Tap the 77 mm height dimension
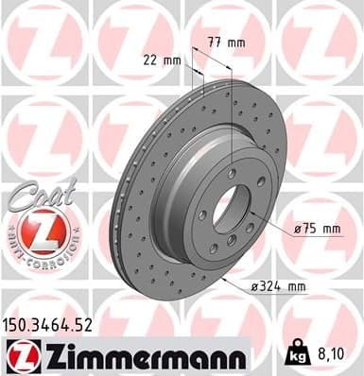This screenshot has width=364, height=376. [x=222, y=42]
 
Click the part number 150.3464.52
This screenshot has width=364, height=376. [x=50, y=325]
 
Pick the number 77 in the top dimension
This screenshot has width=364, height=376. [x=213, y=42]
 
